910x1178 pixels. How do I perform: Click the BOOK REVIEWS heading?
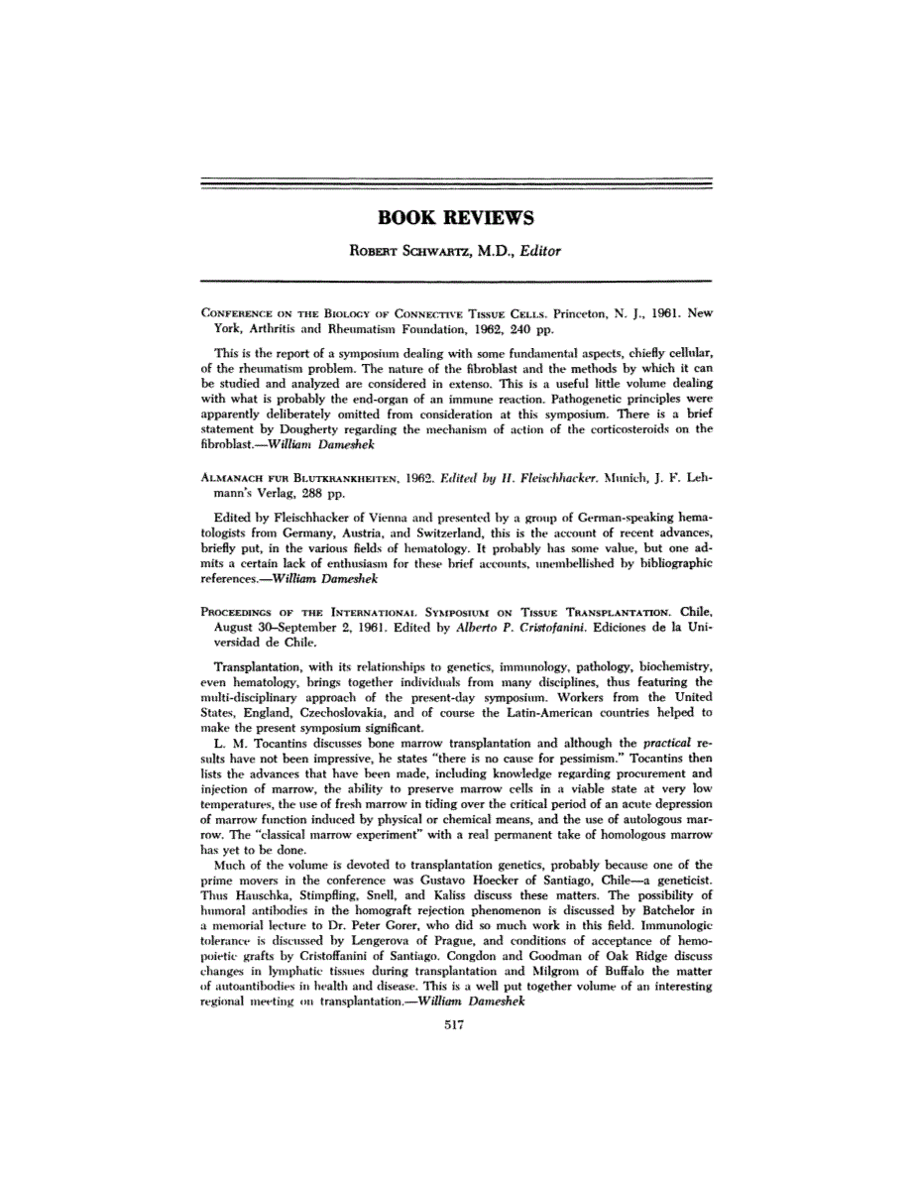(456, 217)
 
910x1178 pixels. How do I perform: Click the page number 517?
(455, 1026)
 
